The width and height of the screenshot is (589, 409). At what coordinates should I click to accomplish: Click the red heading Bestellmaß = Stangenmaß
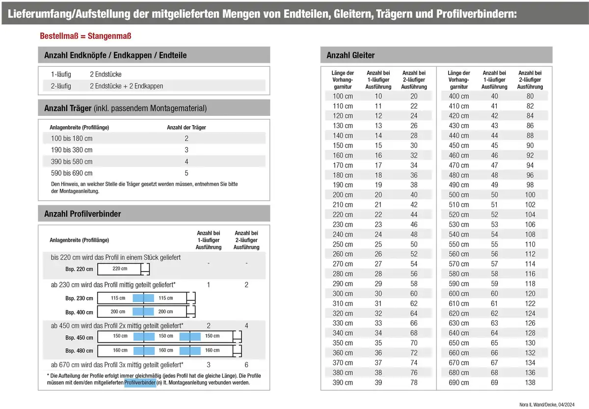(x=85, y=36)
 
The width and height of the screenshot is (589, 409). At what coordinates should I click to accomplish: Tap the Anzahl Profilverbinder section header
(x=82, y=214)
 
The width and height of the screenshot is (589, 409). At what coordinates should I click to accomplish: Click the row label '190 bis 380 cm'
(x=72, y=150)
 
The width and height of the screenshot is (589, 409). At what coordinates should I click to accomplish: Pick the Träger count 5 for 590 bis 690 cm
(x=187, y=173)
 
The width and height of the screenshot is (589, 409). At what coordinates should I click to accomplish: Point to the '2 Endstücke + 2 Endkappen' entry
(x=127, y=86)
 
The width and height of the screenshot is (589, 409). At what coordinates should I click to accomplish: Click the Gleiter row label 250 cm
(x=343, y=244)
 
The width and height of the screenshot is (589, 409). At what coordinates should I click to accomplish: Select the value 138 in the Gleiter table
(x=530, y=382)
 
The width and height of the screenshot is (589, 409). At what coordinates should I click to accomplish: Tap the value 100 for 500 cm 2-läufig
(x=530, y=194)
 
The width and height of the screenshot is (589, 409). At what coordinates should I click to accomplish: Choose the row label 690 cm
(x=458, y=382)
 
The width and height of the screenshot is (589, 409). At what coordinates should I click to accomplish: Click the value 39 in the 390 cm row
(x=378, y=382)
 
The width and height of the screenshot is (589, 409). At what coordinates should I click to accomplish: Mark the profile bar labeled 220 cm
(x=120, y=269)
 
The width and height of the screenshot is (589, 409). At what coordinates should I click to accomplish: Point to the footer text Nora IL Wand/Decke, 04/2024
(x=547, y=404)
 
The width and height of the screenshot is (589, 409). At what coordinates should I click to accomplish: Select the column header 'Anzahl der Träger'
(x=187, y=127)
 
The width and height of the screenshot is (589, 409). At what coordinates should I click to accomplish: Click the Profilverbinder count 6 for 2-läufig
(x=246, y=365)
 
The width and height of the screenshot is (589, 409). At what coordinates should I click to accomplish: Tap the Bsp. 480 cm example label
(x=79, y=351)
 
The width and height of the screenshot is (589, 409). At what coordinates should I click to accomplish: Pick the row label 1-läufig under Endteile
(x=61, y=74)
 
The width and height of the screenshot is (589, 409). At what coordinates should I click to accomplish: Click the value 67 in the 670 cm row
(x=494, y=362)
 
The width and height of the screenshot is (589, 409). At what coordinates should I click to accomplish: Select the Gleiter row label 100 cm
(x=343, y=96)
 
